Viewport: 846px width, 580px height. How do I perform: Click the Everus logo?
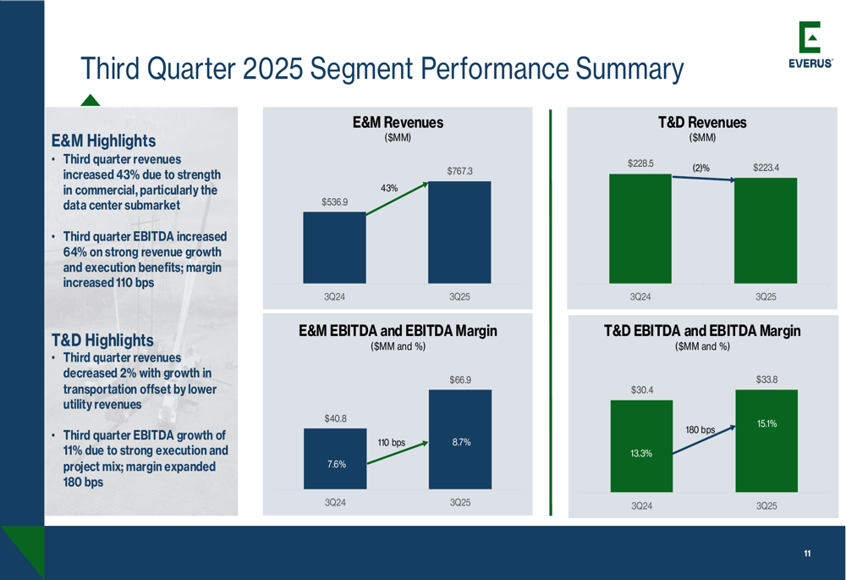coord(810,45)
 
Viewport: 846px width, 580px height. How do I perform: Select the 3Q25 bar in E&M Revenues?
coord(459,232)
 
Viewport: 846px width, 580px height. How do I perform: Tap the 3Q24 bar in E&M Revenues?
coord(334,247)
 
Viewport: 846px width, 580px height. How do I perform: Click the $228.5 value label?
coord(640,163)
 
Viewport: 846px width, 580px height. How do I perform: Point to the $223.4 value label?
coord(766,168)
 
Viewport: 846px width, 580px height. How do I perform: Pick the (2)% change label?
coord(700,168)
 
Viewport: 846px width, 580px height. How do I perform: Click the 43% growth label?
coord(389,188)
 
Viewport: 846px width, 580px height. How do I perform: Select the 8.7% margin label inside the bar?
coord(461,442)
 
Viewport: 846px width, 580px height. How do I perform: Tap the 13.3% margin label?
coord(641,453)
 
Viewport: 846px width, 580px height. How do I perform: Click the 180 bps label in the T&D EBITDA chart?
coord(700,430)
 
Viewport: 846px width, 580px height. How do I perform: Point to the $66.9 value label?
coord(460,379)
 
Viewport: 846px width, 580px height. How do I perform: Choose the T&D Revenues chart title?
coord(702,123)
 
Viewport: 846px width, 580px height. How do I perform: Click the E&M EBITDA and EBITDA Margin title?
coord(398,330)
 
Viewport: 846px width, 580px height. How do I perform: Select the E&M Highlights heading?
coord(103,141)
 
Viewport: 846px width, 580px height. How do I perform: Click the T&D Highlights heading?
coord(102,340)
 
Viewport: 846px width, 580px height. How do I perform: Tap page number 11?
coord(807,553)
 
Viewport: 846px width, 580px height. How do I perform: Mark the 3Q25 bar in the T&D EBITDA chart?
coord(766,440)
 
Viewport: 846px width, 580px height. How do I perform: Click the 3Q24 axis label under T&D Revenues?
coord(640,296)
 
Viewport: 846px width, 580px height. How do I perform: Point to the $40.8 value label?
coord(336,418)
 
